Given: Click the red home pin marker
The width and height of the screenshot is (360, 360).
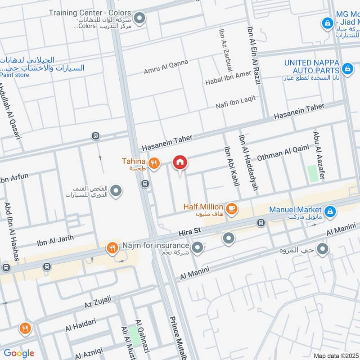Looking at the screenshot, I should (x=180, y=162).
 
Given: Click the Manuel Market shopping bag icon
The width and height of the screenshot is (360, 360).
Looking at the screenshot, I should (x=330, y=210).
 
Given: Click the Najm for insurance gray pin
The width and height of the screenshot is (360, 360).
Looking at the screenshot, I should (x=197, y=247).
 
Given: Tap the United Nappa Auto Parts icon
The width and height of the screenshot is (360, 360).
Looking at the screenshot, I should (x=346, y=69).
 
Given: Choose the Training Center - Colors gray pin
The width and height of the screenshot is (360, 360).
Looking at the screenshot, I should (x=140, y=18).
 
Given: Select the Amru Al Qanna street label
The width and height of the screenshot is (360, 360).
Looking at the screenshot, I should (x=166, y=67).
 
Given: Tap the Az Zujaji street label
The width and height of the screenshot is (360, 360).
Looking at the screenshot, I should (x=97, y=302).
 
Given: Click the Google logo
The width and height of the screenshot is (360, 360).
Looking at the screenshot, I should (x=19, y=353).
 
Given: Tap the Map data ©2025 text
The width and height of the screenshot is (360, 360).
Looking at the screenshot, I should (x=335, y=355).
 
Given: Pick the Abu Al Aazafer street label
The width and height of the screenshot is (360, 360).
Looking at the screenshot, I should (x=319, y=155).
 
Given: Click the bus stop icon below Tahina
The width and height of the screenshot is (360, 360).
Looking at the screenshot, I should (x=145, y=184).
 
